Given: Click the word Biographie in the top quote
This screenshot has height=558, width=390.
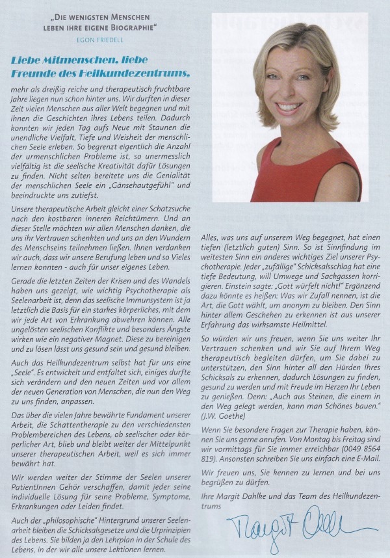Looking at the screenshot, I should (135, 27).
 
